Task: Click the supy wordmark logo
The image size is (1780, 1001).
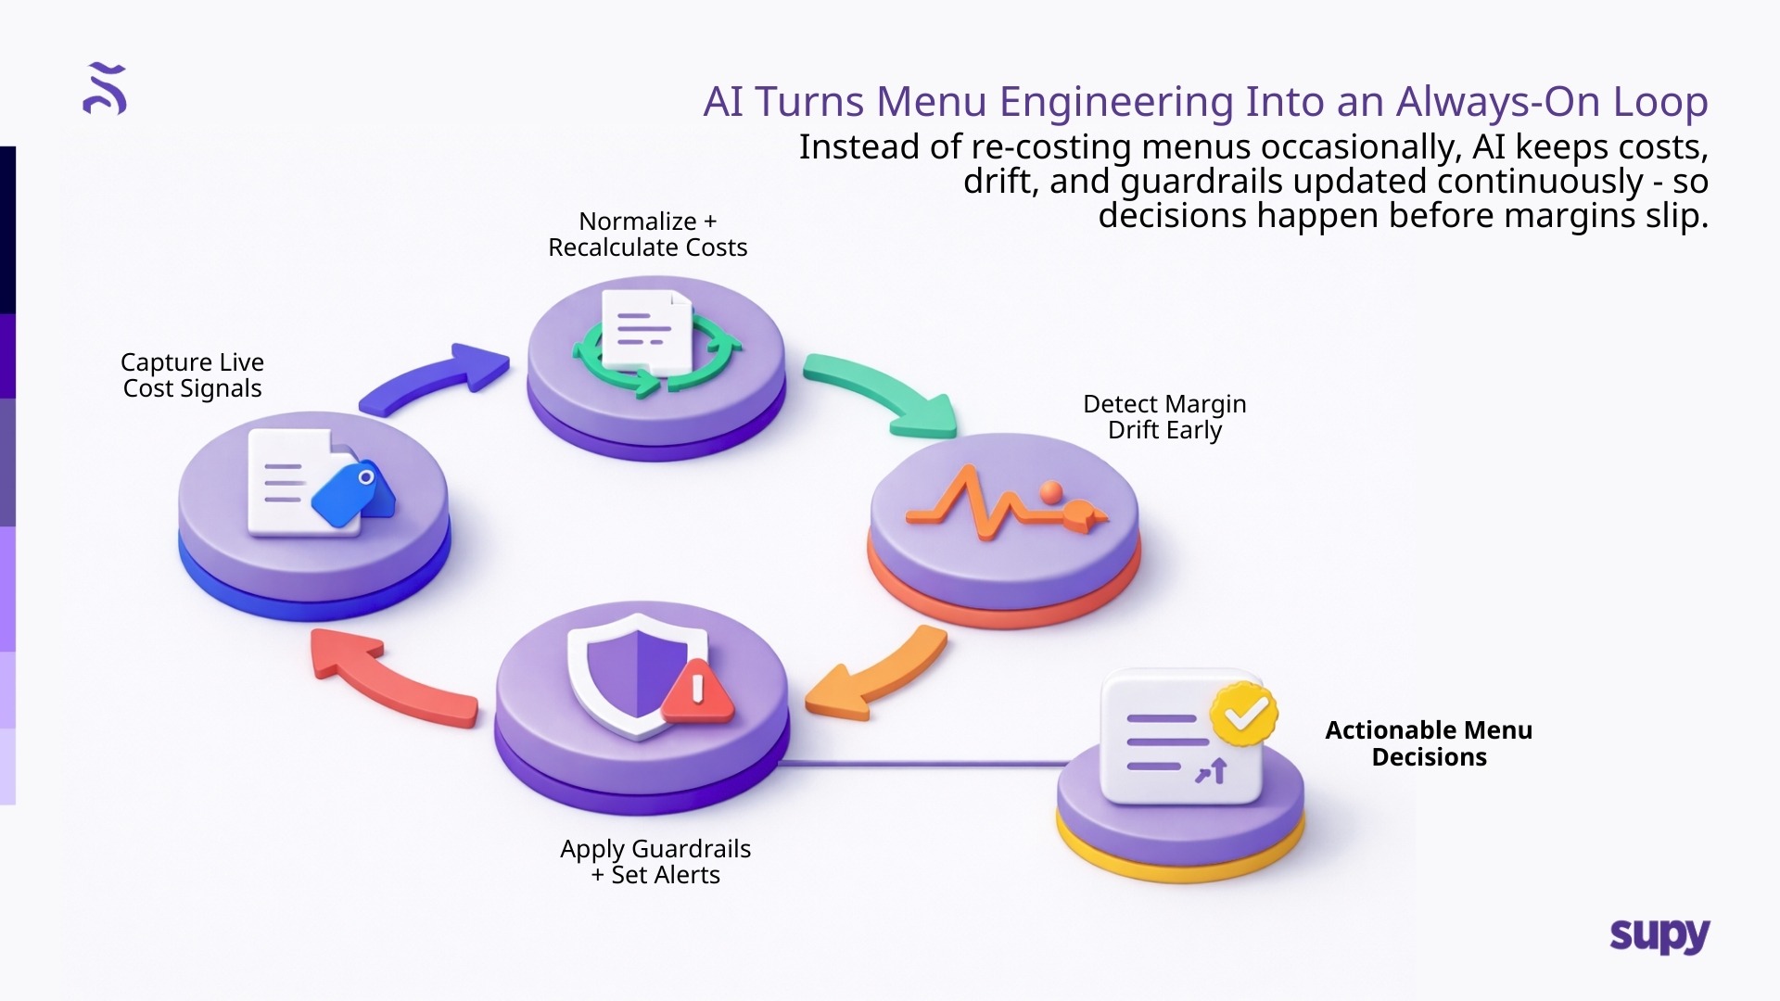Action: coord(1659,936)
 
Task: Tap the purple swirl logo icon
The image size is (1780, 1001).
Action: coord(105,89)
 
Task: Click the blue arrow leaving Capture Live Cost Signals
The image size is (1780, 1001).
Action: coord(436,379)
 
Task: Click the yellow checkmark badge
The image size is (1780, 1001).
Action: coord(1244,714)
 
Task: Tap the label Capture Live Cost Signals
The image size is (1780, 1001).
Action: coord(193,375)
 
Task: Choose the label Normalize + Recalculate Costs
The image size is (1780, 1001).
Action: coord(647,234)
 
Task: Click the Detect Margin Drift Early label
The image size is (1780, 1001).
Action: coord(1164,417)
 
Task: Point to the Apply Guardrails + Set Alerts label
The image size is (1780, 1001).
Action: coord(655,862)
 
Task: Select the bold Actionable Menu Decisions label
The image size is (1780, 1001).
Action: coord(1428,743)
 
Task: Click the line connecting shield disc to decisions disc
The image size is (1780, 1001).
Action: coord(927,765)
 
